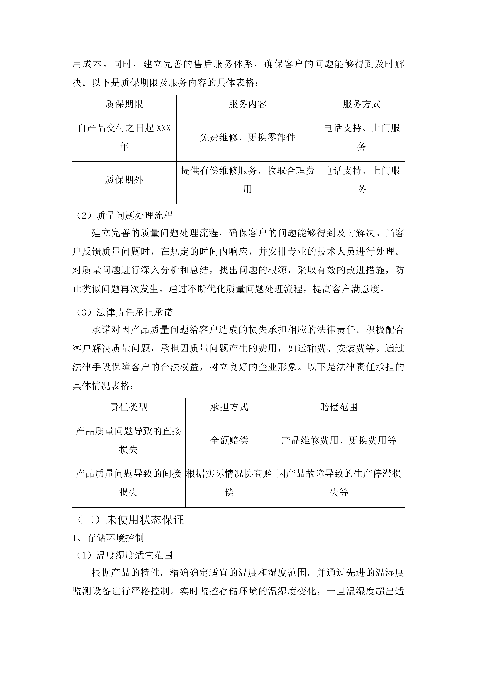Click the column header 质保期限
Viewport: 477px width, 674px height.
tap(124, 104)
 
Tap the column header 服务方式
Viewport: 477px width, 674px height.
tap(362, 104)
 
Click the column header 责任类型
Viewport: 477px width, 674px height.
tap(128, 407)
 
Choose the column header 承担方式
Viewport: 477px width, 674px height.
tap(229, 407)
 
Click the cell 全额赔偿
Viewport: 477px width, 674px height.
tap(229, 440)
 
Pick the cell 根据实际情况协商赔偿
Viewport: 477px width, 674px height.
tap(229, 483)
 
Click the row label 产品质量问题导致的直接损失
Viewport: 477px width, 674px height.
tap(128, 440)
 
